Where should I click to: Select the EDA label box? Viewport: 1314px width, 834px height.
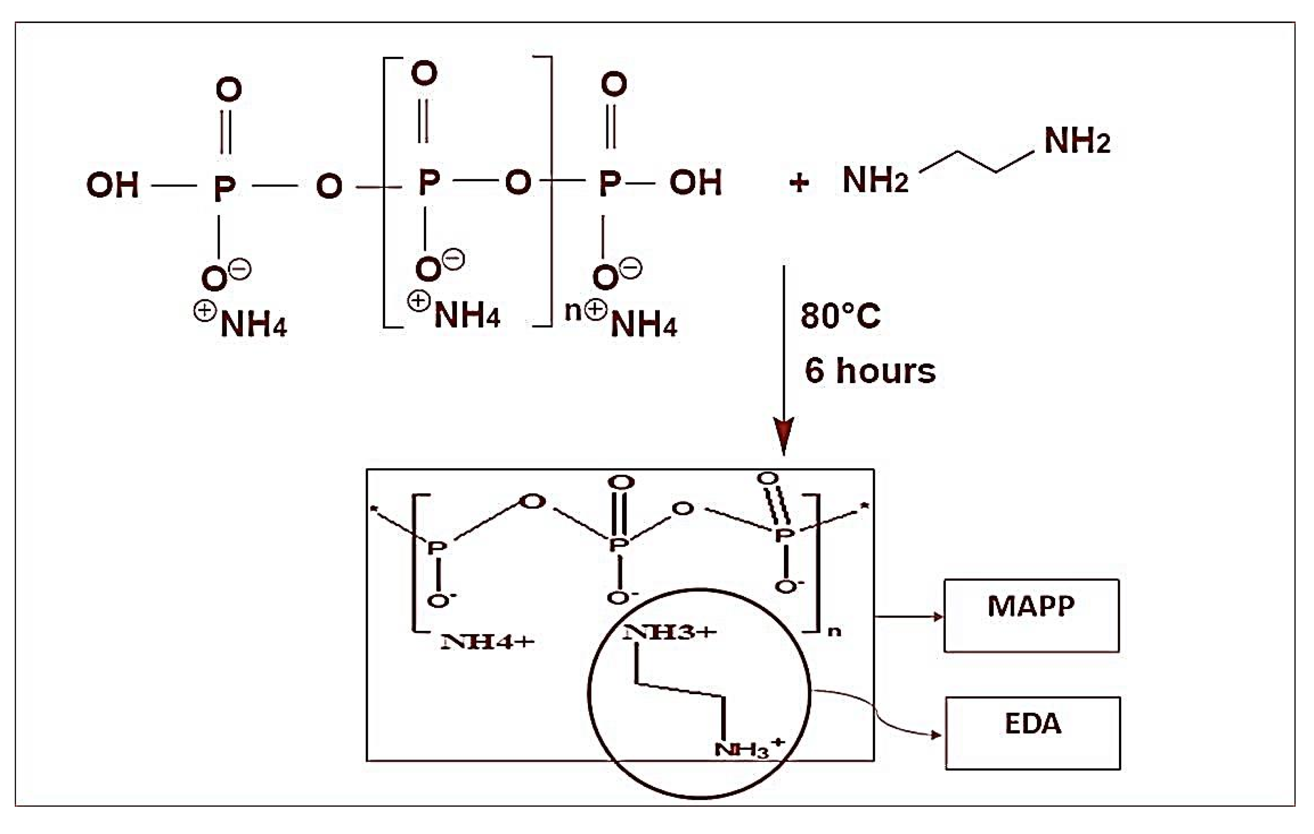point(1032,733)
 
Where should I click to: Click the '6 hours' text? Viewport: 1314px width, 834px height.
point(870,371)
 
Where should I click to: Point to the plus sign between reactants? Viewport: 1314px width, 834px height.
point(799,183)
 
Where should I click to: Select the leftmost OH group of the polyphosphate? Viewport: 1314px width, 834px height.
point(113,185)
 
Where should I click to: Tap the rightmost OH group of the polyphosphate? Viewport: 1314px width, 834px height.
point(695,182)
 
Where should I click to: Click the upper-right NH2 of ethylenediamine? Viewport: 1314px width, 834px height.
point(1077,141)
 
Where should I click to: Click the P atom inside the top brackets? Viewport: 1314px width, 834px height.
point(429,182)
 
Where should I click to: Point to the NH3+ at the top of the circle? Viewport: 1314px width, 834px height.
point(670,633)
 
